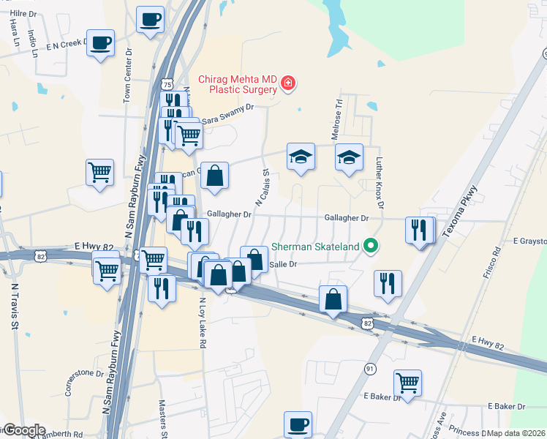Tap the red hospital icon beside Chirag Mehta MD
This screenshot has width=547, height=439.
tap(288, 83)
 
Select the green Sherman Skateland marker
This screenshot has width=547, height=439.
tap(371, 246)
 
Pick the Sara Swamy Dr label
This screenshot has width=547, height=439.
tap(227, 110)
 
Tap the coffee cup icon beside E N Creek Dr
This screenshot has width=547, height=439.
tap(100, 42)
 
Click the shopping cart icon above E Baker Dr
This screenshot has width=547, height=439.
tap(407, 381)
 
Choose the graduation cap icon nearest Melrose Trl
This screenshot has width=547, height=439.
tap(349, 157)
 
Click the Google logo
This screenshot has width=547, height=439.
tap(23, 430)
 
